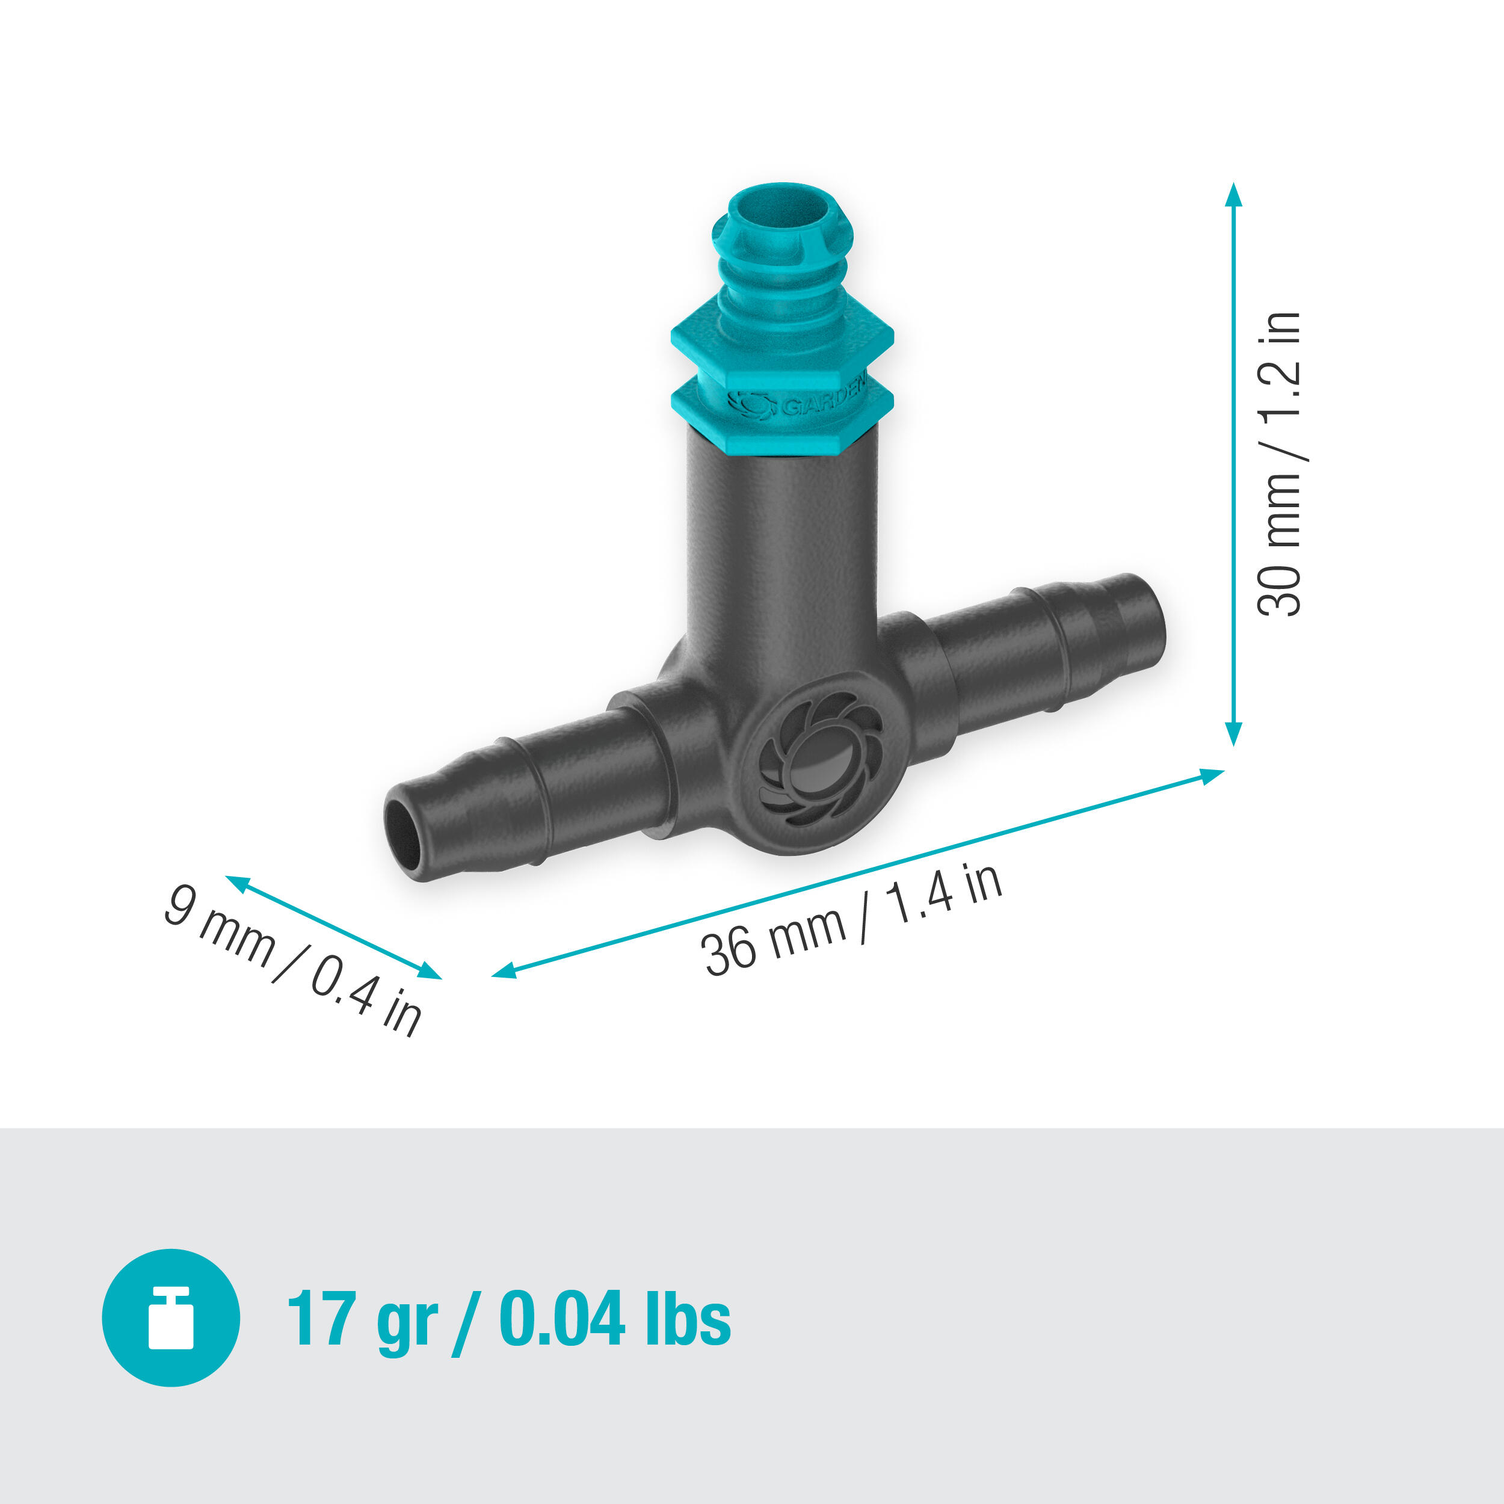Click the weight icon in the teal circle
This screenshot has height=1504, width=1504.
[x=170, y=1318]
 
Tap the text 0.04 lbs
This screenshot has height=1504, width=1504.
[x=614, y=1319]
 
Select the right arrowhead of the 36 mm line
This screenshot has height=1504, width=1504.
[x=1212, y=775]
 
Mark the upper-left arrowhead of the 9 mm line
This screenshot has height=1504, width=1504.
[x=236, y=883]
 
